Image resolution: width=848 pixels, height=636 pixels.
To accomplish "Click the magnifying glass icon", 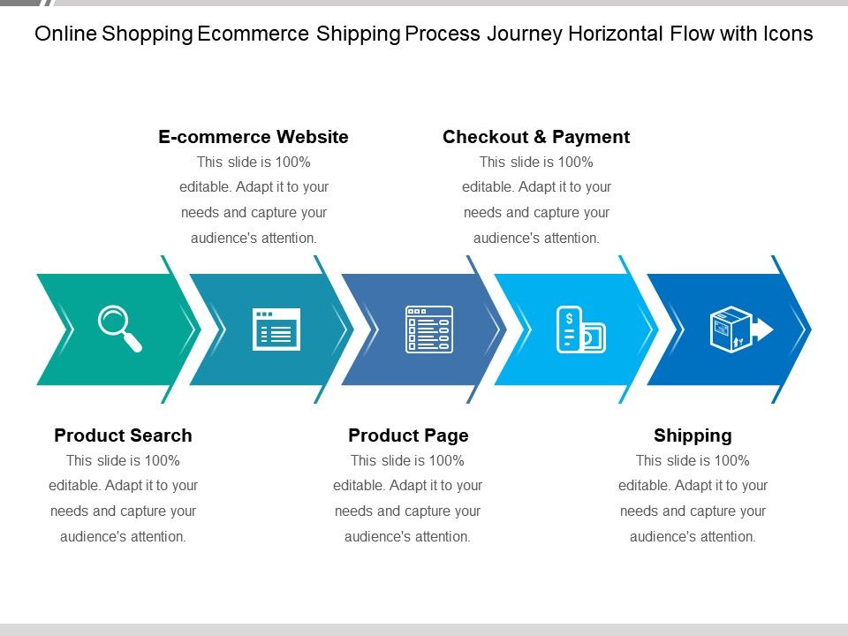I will pos(118,328).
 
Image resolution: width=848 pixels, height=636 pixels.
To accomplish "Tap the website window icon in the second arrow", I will pos(276,329).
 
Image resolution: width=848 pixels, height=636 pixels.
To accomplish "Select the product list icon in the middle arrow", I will pos(428,329).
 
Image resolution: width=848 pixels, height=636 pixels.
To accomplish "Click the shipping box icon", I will pos(732,329).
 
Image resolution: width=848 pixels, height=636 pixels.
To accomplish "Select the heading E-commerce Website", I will pos(254,137).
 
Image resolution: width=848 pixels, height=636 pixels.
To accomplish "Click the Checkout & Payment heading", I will pos(536,137).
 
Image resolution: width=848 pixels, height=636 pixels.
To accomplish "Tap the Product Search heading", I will pos(123,435).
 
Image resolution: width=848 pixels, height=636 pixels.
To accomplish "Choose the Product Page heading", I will pos(408,435).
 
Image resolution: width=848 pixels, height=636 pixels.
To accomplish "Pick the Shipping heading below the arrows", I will pos(693,435).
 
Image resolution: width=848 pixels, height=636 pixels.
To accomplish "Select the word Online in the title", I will pos(65,34).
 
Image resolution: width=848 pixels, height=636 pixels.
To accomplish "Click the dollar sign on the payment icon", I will pos(569,318).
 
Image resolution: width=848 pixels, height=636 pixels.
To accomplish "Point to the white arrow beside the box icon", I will pos(762,329).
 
